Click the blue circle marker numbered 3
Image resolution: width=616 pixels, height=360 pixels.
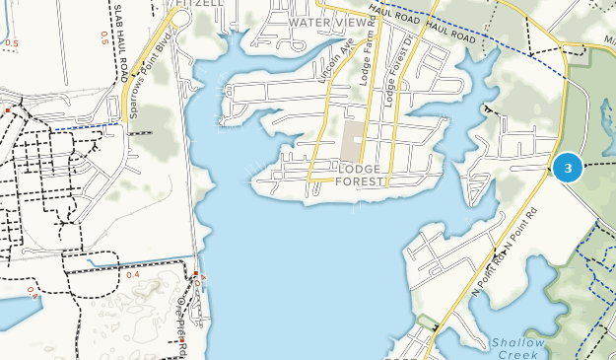[567, 168]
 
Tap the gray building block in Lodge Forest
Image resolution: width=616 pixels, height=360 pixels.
[353, 140]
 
